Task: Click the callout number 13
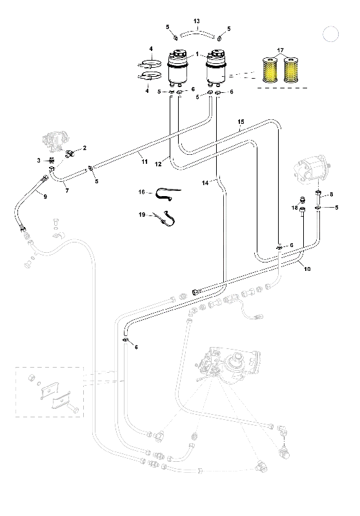(x=197, y=21)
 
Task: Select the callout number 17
(x=280, y=50)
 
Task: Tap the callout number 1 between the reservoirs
(x=197, y=54)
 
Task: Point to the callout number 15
(x=241, y=122)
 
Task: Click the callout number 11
(x=145, y=162)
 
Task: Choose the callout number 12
(x=158, y=164)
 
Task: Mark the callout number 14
(x=205, y=183)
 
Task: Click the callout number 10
(x=307, y=269)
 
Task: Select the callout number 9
(x=45, y=197)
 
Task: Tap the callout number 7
(x=67, y=190)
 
